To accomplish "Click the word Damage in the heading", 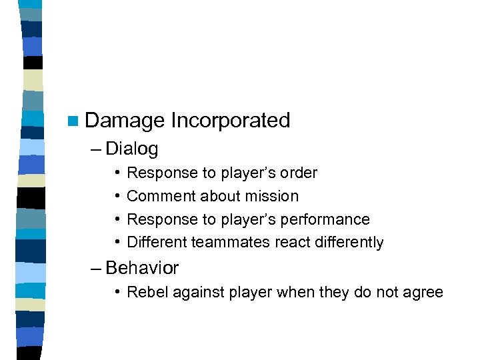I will point(125,121).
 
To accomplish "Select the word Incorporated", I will point(231,121).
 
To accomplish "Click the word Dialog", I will point(131,148).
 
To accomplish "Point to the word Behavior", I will point(142,268).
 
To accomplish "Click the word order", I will point(297,173).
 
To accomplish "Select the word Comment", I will point(157,197).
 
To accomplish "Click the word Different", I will point(157,242).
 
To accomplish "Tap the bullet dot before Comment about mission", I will point(116,197).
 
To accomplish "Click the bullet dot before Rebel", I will point(116,292).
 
